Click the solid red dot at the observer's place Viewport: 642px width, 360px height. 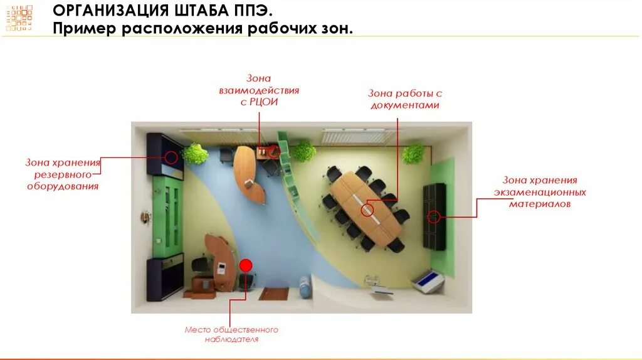[246, 265]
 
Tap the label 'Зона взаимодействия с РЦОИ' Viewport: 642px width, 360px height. [259, 90]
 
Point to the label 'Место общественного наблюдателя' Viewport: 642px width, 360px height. [231, 334]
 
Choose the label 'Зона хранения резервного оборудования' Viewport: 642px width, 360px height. [63, 174]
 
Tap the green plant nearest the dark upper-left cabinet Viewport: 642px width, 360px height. [196, 154]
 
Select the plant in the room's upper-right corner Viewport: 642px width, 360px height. [414, 153]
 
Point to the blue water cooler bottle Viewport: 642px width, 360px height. [305, 287]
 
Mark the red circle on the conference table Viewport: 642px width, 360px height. [367, 210]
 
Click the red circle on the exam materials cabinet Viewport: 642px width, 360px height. [433, 217]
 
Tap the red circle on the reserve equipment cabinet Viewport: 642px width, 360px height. [171, 157]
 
